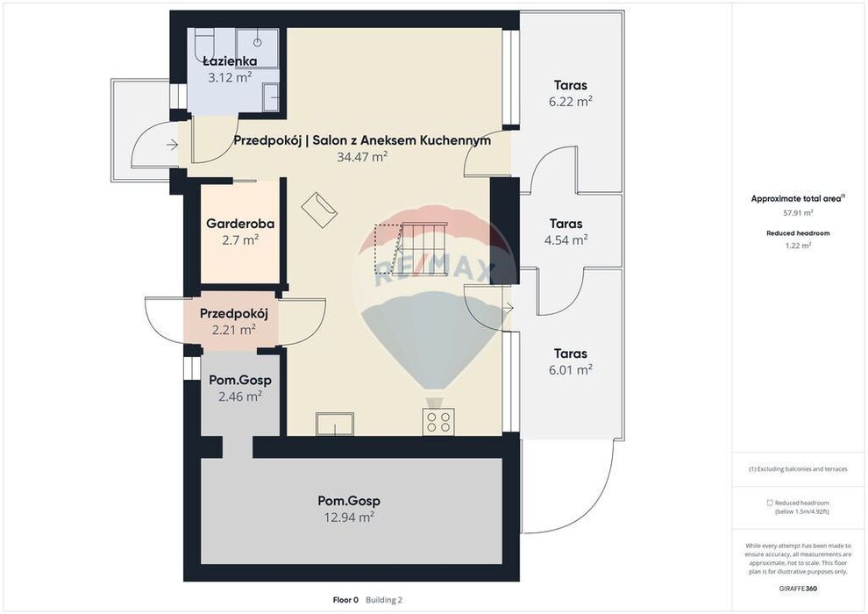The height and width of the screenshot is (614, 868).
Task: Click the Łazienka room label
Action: pyautogui.click(x=230, y=61)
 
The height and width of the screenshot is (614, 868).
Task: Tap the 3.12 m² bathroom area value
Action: pyautogui.click(x=230, y=77)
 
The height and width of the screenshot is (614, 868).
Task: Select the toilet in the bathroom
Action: pyautogui.click(x=205, y=44)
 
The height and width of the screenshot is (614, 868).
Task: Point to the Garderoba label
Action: pyautogui.click(x=240, y=224)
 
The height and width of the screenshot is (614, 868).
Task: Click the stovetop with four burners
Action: pyautogui.click(x=438, y=421)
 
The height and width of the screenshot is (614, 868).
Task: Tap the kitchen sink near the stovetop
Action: pyautogui.click(x=334, y=424)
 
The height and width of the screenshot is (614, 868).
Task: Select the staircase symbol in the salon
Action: pyautogui.click(x=410, y=248)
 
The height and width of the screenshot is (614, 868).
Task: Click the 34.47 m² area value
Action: pyautogui.click(x=362, y=157)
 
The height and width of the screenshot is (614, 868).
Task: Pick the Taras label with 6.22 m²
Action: pyautogui.click(x=571, y=85)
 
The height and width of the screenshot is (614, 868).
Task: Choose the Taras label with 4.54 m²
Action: pyautogui.click(x=566, y=224)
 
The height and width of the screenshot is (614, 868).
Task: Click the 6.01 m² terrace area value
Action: pyautogui.click(x=571, y=370)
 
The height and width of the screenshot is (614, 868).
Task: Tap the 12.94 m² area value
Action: pyautogui.click(x=349, y=518)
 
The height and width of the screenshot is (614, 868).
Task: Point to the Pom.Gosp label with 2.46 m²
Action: pyautogui.click(x=240, y=381)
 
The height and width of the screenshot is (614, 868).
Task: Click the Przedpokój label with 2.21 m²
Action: pyautogui.click(x=233, y=313)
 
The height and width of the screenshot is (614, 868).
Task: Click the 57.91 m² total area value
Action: pyautogui.click(x=798, y=212)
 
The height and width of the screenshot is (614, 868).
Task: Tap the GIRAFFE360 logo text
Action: pyautogui.click(x=798, y=589)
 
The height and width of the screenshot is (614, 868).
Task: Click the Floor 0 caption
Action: pyautogui.click(x=345, y=600)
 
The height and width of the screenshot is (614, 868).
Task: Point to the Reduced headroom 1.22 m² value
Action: pyautogui.click(x=798, y=246)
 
